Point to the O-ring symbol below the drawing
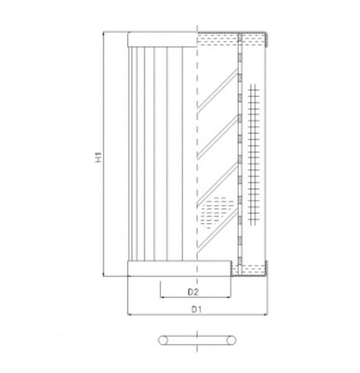click(196, 339)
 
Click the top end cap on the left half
click(160, 38)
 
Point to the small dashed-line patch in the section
click(217, 210)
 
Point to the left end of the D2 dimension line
click(160, 298)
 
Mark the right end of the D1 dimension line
click(267, 316)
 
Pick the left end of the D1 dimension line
click(127, 316)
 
